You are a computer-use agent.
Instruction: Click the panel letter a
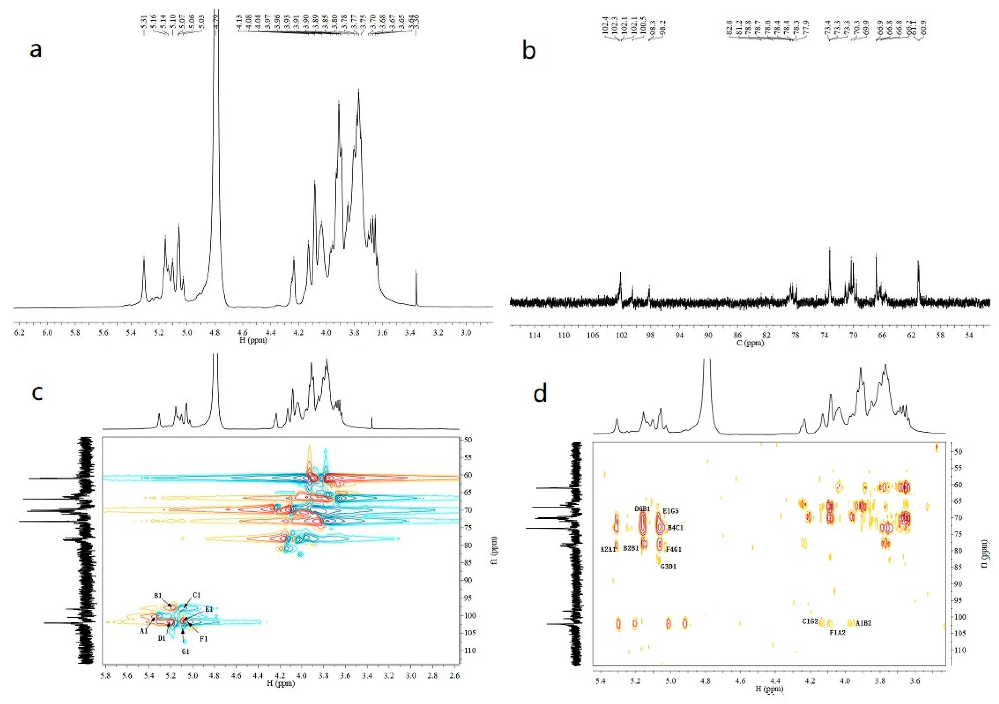click(36, 50)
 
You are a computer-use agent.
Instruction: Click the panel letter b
click(529, 51)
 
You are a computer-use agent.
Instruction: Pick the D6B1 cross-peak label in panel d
click(642, 509)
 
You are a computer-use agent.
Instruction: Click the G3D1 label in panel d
click(668, 567)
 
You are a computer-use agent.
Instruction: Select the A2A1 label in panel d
click(608, 550)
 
